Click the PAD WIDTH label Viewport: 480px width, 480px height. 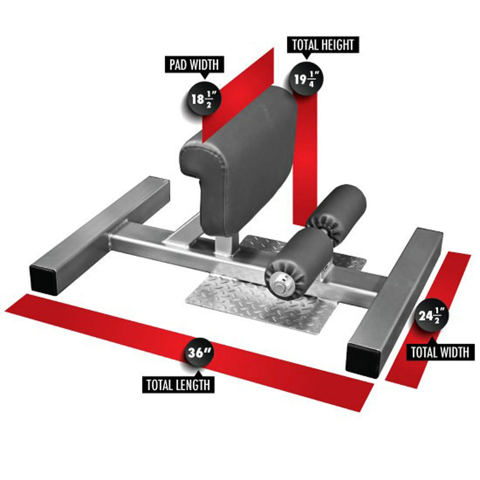[194, 65]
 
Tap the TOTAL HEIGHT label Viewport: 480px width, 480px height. [323, 45]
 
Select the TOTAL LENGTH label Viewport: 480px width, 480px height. [178, 385]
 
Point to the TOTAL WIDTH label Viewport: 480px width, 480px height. [440, 352]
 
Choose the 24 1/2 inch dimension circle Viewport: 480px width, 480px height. [432, 316]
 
